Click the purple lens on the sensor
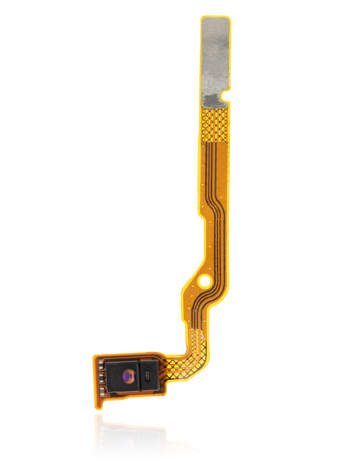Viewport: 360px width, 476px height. click(128, 370)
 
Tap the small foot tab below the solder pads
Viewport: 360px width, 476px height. click(101, 397)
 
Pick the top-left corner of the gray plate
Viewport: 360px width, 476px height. click(203, 19)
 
